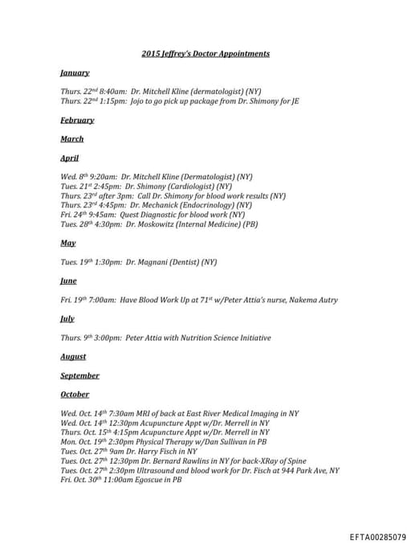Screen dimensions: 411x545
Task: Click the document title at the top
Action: point(205,54)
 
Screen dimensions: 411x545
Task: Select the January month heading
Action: point(75,73)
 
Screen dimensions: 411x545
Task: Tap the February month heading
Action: point(77,121)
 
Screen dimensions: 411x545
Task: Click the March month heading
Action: point(71,139)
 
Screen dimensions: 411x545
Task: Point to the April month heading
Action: point(70,158)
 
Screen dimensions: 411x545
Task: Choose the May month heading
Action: point(68,243)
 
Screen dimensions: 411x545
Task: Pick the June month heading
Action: point(69,281)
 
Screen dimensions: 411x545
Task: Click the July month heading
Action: point(67,319)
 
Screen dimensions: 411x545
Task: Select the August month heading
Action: point(73,357)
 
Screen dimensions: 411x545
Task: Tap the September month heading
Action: point(79,375)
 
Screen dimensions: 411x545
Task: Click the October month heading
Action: point(75,395)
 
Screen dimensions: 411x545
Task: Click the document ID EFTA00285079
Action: point(377,536)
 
